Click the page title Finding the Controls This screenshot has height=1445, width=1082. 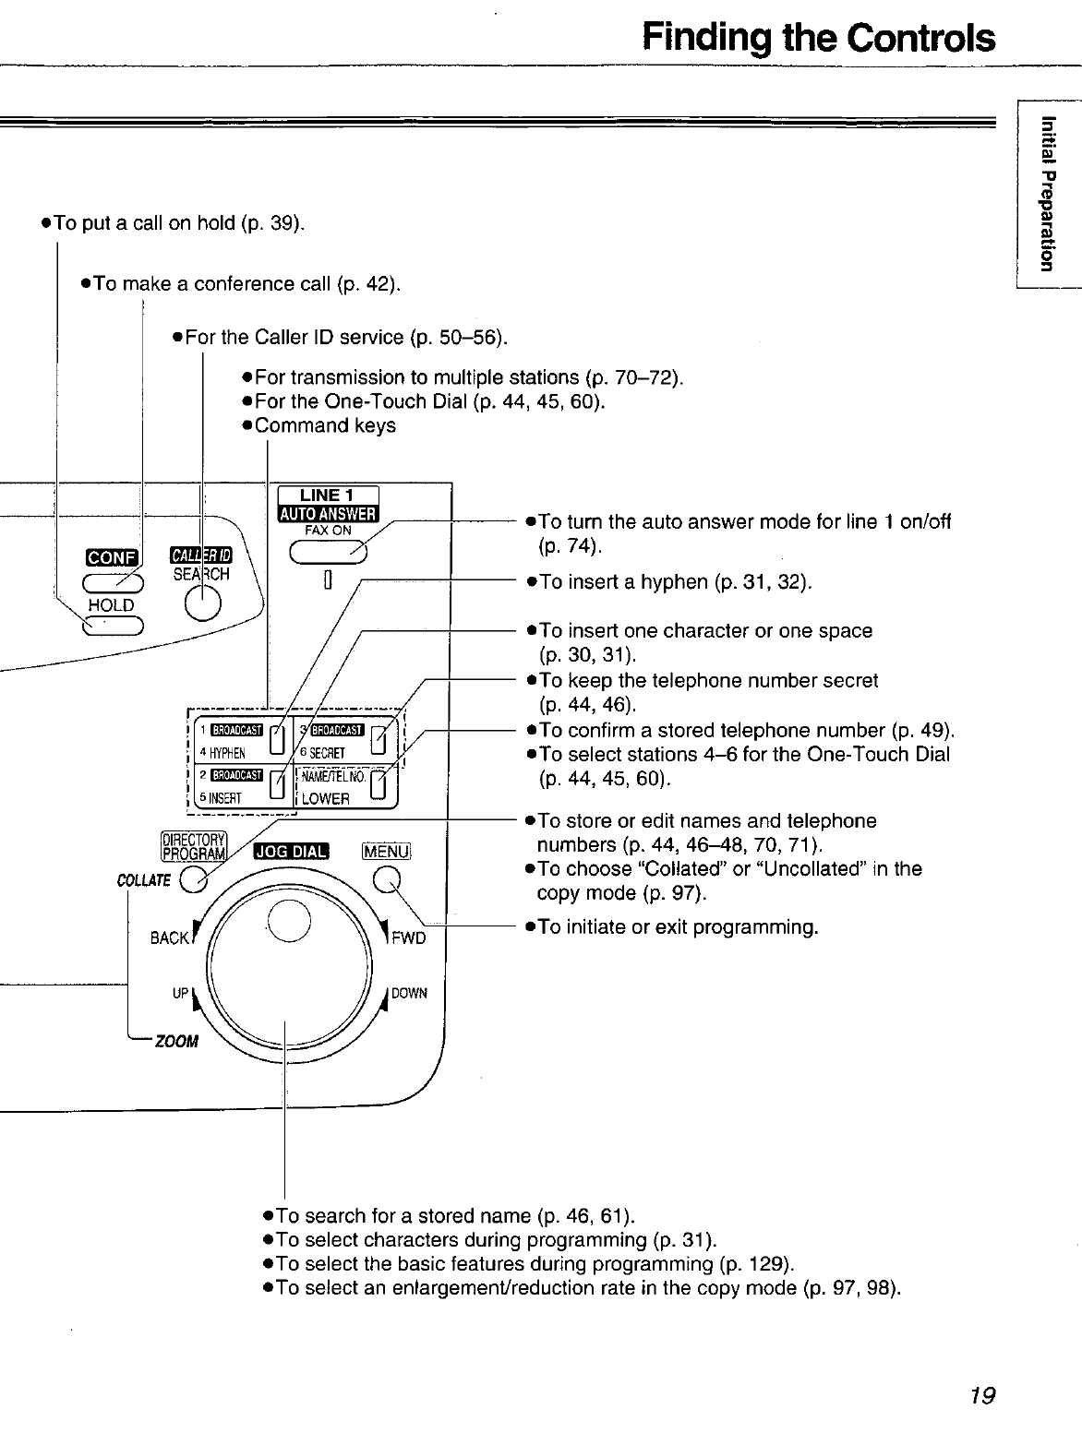coord(819,38)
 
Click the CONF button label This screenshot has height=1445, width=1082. coord(111,556)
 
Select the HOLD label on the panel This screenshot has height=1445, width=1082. coord(111,605)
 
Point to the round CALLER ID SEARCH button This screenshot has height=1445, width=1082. coord(202,604)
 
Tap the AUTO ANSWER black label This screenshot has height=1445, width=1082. coord(327,514)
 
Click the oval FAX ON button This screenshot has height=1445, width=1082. coord(328,551)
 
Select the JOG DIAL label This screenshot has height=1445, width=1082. coord(292,851)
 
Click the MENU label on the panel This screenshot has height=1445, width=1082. coord(386,850)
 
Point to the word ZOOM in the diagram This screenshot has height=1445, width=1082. coord(176,1042)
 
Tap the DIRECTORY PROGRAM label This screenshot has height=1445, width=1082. coord(194,846)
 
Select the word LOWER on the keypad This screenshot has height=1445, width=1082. coord(325,799)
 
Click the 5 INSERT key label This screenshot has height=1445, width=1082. coord(225,799)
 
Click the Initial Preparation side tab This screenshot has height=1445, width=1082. coord(1045,193)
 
